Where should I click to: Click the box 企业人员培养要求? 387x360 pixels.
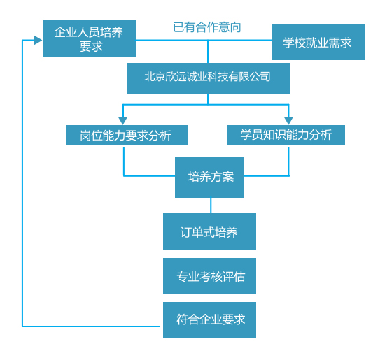(89, 38)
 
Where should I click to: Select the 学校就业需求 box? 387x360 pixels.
(318, 42)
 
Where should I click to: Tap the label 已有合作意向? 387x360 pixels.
(207, 27)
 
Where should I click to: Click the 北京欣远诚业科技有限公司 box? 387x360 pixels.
(209, 78)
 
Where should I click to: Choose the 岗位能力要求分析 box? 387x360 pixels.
(127, 135)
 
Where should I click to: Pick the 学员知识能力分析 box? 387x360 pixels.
(286, 135)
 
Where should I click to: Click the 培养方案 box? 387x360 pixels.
(209, 178)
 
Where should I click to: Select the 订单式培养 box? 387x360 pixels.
(209, 232)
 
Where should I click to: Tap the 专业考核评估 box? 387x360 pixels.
(209, 276)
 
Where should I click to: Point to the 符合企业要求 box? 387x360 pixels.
(209, 320)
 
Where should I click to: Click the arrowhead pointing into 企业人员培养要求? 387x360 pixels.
(38, 40)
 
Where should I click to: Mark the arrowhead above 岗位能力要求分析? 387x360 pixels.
(122, 120)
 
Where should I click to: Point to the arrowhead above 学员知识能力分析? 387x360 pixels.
(288, 120)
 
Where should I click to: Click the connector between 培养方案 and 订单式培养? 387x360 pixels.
(211, 206)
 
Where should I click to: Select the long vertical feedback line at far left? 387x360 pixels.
(22, 183)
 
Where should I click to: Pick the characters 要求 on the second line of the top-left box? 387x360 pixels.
(91, 46)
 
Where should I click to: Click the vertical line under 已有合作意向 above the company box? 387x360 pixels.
(208, 52)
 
